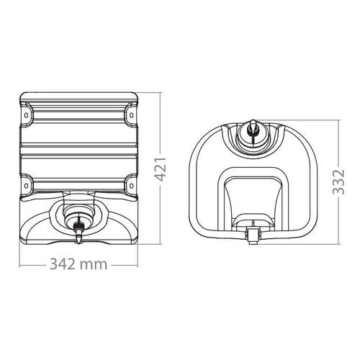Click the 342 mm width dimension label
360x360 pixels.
pyautogui.click(x=78, y=264)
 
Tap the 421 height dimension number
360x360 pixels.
pyautogui.click(x=160, y=169)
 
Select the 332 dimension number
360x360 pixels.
pyautogui.click(x=339, y=181)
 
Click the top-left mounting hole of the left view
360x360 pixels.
pyautogui.click(x=26, y=115)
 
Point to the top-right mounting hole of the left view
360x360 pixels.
pyautogui.click(x=131, y=115)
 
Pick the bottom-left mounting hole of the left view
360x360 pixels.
pyautogui.click(x=26, y=186)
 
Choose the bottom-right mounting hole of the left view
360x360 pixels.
pyautogui.click(x=131, y=186)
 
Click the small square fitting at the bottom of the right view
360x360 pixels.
pyautogui.click(x=252, y=235)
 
